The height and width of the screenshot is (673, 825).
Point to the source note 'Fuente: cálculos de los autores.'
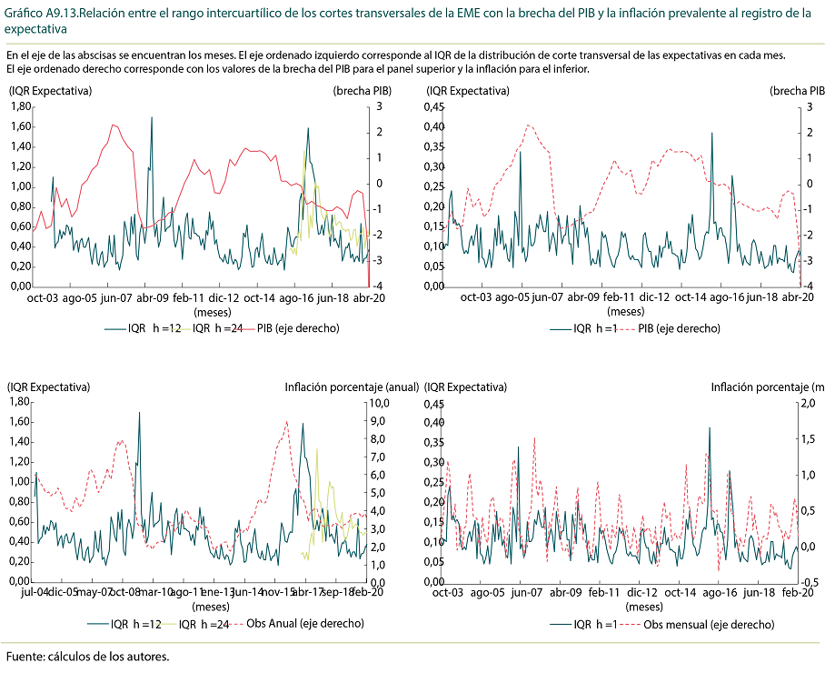click(x=87, y=656)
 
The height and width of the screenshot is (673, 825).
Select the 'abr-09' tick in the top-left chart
click(x=151, y=297)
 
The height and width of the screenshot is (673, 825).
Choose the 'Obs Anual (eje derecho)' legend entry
click(x=298, y=624)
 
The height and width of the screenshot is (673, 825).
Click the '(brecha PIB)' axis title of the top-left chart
click(x=363, y=91)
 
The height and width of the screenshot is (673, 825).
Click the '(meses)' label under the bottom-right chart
click(x=644, y=606)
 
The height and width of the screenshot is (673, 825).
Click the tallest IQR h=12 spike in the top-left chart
click(x=151, y=118)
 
